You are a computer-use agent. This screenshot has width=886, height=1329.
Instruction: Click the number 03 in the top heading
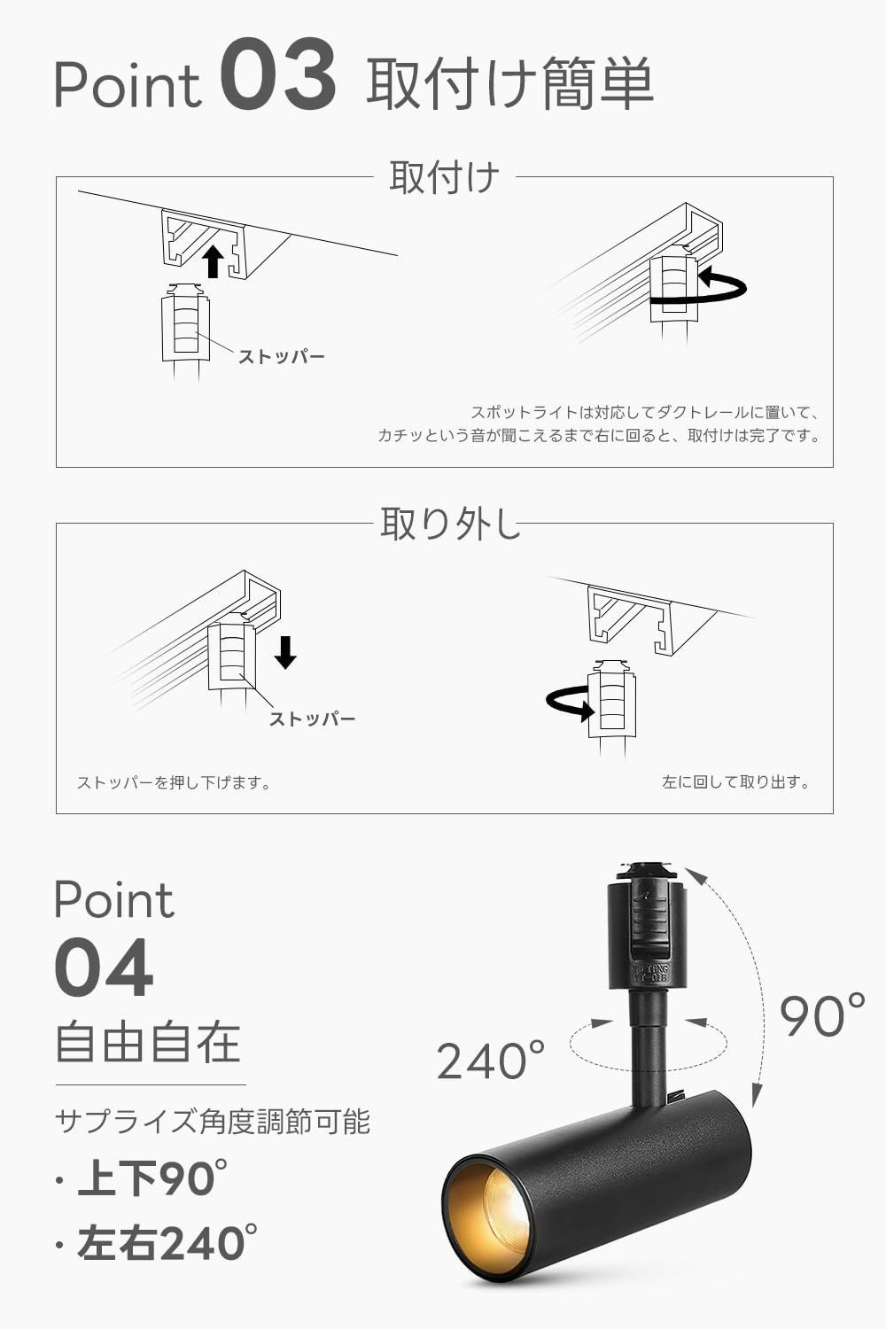point(277,78)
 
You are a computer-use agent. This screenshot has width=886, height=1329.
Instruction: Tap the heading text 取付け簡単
point(509,83)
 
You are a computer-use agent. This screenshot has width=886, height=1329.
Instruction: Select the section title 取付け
point(444,177)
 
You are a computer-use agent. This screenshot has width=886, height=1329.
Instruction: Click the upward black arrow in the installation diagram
point(212,261)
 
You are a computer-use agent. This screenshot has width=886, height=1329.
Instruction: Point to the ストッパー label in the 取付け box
point(282,357)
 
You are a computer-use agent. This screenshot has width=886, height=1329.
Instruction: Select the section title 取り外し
point(448,524)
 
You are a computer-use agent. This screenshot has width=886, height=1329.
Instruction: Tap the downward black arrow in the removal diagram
point(285,652)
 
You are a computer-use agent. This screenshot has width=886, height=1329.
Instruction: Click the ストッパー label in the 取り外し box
point(312,719)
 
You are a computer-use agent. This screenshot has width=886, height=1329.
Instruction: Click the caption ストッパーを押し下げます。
point(174,783)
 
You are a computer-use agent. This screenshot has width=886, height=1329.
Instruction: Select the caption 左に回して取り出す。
point(736,782)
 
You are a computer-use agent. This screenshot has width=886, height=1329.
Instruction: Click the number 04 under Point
point(104,969)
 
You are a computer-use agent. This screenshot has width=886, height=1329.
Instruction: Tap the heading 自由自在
point(148,1042)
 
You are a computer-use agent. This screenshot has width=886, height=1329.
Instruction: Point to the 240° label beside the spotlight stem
point(490,1061)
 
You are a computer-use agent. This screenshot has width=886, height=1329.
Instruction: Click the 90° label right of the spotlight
point(822,1015)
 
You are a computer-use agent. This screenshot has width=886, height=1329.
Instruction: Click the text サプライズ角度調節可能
point(213,1122)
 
